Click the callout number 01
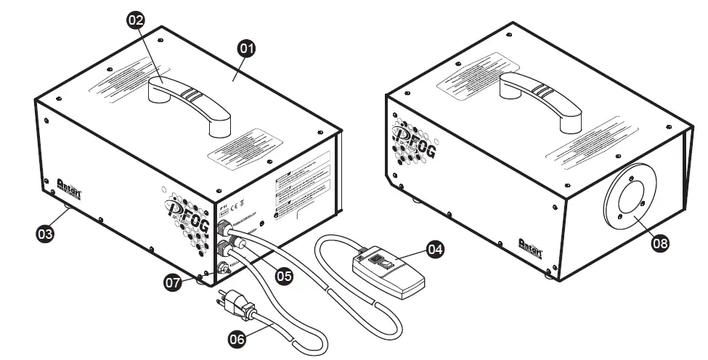tap(246, 49)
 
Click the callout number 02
tap(136, 20)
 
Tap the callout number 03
tap(46, 234)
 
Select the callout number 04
tap(434, 249)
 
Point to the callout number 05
tap(284, 276)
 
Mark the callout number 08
tap(659, 244)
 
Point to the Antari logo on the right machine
tap(533, 245)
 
